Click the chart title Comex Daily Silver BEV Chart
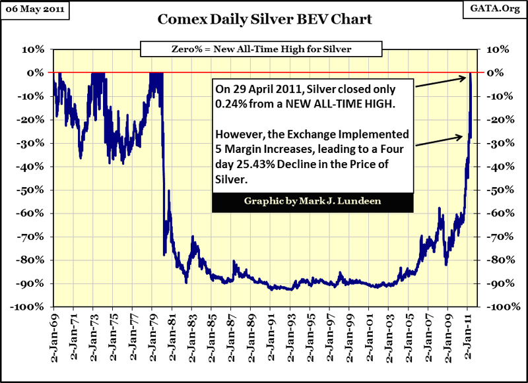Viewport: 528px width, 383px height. (264, 19)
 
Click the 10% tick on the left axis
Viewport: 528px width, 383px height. (34, 49)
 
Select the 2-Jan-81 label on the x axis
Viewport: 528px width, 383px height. (172, 334)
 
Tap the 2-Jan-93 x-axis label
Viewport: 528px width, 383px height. (290, 334)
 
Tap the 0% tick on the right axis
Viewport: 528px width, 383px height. (494, 73)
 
